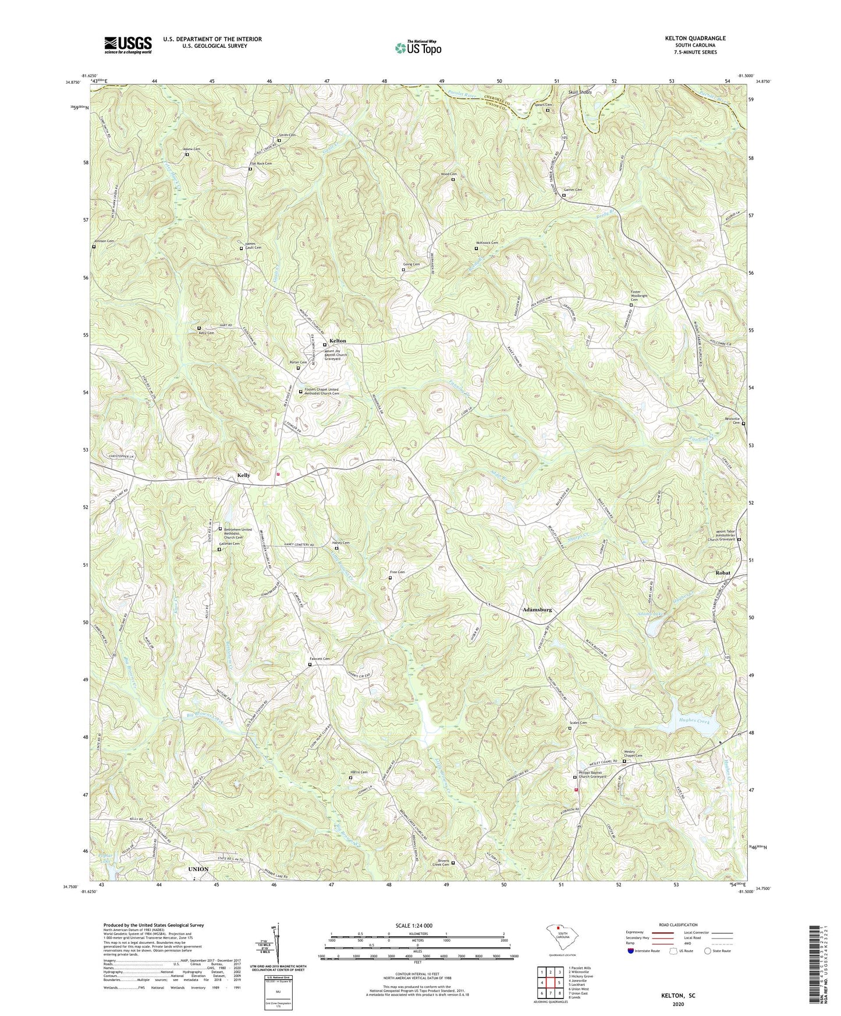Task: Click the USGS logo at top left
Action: [x=128, y=44]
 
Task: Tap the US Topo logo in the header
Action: [x=418, y=48]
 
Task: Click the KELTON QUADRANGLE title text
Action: [x=692, y=38]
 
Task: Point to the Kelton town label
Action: [x=338, y=341]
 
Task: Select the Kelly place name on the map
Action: [x=243, y=475]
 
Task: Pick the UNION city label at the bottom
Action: [x=198, y=869]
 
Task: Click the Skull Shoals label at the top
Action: [x=580, y=93]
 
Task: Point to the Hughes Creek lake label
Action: [x=695, y=722]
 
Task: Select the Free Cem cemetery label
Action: [x=397, y=572]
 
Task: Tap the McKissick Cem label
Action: [x=487, y=243]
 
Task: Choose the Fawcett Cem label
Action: [x=319, y=659]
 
